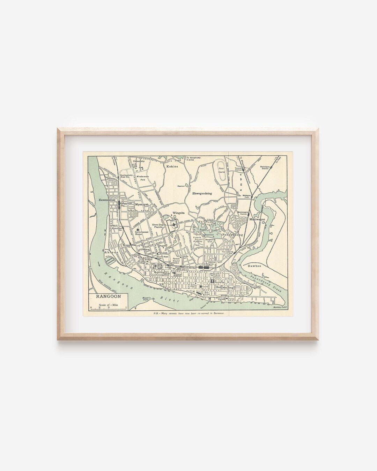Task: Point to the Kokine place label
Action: point(172,166)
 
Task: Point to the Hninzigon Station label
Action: point(267,167)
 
